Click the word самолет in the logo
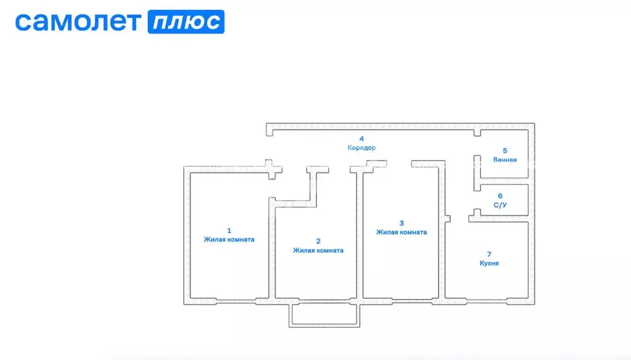(x=78, y=22)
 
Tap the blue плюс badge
(x=186, y=22)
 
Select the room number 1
(x=229, y=231)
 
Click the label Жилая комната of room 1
(x=229, y=239)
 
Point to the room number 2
(x=318, y=241)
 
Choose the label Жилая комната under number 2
(x=318, y=250)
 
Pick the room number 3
(x=402, y=223)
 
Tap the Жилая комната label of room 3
(x=402, y=232)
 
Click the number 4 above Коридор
(x=361, y=139)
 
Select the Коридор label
(x=361, y=147)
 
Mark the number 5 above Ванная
(x=505, y=151)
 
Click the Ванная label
(x=505, y=160)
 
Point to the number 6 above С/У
(x=500, y=196)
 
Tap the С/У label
(x=500, y=205)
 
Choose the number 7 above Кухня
(x=489, y=254)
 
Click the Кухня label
(x=489, y=263)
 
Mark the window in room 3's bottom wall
(x=412, y=301)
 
